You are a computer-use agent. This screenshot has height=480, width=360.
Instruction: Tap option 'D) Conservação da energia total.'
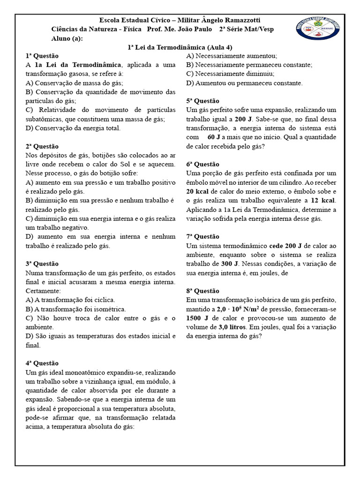tap(73, 128)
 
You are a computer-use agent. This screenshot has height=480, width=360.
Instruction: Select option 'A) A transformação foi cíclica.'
tap(70, 300)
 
